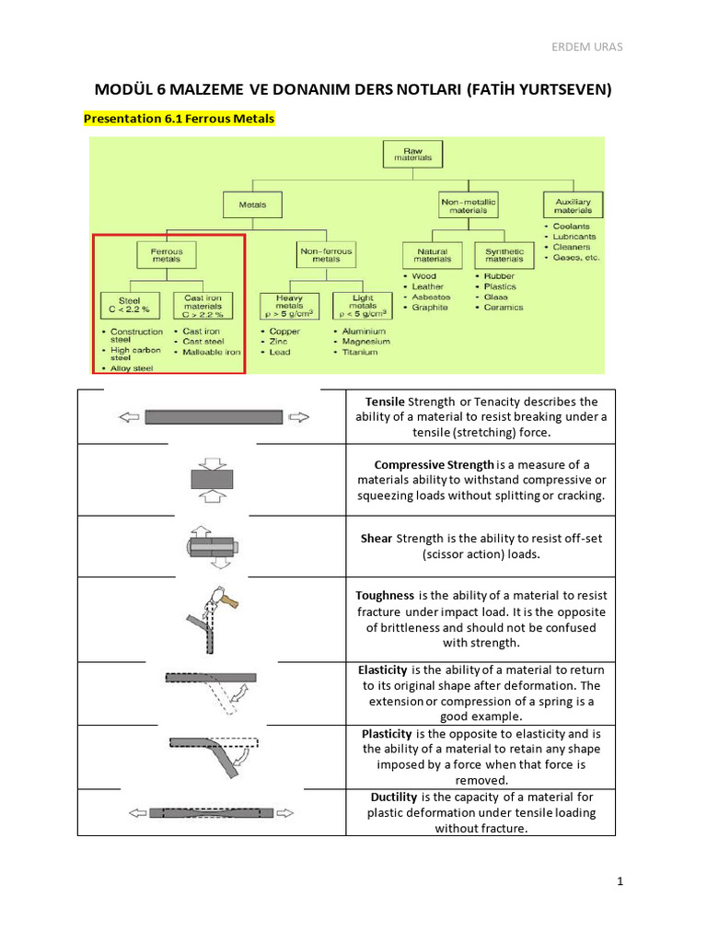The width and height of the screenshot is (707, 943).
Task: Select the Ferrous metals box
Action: click(167, 255)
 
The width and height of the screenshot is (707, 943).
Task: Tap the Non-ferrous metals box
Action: click(326, 254)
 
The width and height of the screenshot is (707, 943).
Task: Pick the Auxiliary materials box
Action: click(573, 205)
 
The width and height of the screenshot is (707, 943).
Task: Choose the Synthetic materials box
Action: click(504, 255)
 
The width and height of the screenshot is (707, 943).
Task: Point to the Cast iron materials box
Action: click(203, 304)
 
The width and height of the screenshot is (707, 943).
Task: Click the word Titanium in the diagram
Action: click(360, 352)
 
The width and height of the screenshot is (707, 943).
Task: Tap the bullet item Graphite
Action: click(429, 308)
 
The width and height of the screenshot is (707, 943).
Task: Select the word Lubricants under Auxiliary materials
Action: click(574, 237)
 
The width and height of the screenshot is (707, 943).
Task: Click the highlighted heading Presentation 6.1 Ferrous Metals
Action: click(179, 119)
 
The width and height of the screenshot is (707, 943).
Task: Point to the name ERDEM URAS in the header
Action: click(611, 47)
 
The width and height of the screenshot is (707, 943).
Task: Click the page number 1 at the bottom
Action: click(620, 881)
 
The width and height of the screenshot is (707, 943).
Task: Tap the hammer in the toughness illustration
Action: click(226, 601)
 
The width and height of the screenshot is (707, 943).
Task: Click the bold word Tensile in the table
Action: click(385, 402)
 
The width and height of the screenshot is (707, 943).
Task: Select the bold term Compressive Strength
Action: click(435, 463)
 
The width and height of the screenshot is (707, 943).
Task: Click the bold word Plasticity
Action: click(387, 733)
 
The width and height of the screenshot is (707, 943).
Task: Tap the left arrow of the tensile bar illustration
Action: click(130, 417)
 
